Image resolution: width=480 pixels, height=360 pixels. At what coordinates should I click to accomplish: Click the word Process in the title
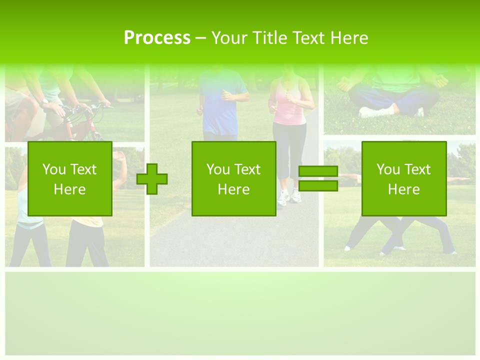pyautogui.click(x=157, y=37)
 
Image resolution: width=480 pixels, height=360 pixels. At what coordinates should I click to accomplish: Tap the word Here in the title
pyautogui.click(x=349, y=37)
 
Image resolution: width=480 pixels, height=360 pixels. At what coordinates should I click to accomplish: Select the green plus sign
pyautogui.click(x=152, y=178)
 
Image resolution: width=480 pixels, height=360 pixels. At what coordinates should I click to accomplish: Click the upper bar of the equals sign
pyautogui.click(x=318, y=171)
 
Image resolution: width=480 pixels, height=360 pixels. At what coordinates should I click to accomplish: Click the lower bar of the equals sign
pyautogui.click(x=318, y=186)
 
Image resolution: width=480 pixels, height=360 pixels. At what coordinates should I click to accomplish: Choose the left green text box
pyautogui.click(x=69, y=178)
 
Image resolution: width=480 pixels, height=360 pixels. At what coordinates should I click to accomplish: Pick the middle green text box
pyautogui.click(x=233, y=178)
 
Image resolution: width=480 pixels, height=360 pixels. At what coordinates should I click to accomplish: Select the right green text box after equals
pyautogui.click(x=403, y=178)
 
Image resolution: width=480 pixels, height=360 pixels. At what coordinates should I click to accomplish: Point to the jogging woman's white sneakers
pyautogui.click(x=290, y=197)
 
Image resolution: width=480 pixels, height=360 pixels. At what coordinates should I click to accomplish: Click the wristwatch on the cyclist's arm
pyautogui.click(x=45, y=101)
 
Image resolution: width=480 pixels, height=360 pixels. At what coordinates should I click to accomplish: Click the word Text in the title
pyautogui.click(x=309, y=37)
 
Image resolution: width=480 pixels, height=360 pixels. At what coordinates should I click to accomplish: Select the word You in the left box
pyautogui.click(x=54, y=169)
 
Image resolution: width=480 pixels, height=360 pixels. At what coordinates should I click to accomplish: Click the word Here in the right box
pyautogui.click(x=403, y=189)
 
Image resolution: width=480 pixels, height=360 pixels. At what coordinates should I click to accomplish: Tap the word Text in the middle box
pyautogui.click(x=247, y=169)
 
